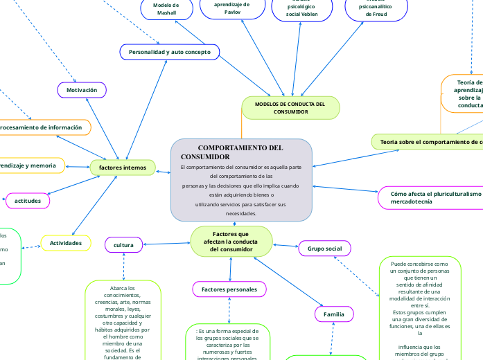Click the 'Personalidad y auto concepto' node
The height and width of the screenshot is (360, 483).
click(170, 52)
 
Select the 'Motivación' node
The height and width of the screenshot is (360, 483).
click(82, 90)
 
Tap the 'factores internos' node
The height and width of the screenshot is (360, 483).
click(123, 167)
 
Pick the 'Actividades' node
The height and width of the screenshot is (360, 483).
click(66, 243)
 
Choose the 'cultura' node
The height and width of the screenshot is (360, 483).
click(123, 244)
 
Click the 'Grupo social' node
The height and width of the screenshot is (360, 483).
click(324, 248)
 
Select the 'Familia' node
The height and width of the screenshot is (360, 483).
click(333, 314)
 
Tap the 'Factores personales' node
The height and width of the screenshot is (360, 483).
click(229, 289)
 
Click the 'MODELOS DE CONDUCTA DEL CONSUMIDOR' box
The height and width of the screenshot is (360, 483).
click(290, 107)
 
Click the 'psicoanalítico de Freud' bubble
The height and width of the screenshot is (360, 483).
click(373, 9)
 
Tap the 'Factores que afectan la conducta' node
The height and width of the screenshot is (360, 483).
click(231, 242)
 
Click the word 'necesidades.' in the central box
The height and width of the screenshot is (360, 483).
click(241, 213)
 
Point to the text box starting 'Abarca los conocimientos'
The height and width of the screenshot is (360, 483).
click(123, 321)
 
